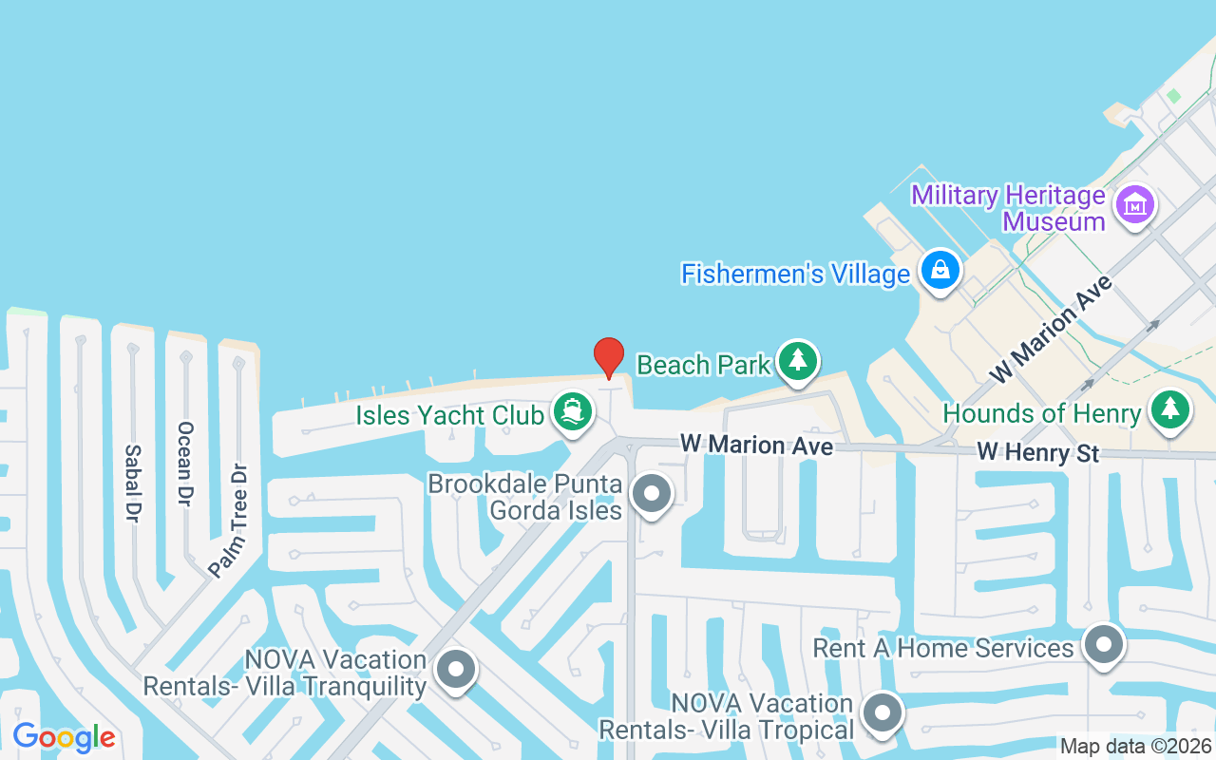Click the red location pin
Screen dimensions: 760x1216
click(x=609, y=357)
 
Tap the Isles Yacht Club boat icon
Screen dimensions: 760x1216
click(x=574, y=412)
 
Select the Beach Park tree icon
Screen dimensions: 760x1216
click(x=798, y=361)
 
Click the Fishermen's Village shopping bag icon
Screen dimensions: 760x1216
click(x=940, y=270)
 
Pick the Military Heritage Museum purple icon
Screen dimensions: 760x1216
click(x=1134, y=204)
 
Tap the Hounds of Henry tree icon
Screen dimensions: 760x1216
click(x=1170, y=409)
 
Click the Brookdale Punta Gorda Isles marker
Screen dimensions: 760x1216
click(x=652, y=494)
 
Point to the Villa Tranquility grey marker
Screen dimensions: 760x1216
click(x=456, y=670)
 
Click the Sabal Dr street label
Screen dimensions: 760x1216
click(x=133, y=483)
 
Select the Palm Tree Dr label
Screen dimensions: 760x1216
click(x=229, y=520)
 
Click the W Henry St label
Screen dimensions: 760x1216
click(x=1038, y=453)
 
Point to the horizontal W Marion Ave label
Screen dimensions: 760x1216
click(x=756, y=445)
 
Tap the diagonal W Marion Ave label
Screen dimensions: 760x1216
click(x=1050, y=330)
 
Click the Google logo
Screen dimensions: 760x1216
click(x=64, y=737)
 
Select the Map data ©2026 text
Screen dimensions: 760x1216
click(x=1135, y=747)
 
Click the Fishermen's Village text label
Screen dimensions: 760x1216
click(x=795, y=275)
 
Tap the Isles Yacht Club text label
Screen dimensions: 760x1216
click(x=449, y=415)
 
